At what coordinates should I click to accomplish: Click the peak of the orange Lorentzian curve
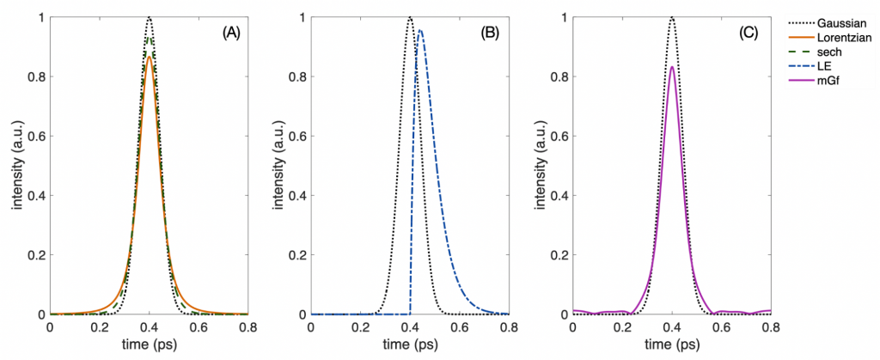(150, 58)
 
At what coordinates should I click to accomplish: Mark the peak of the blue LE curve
(419, 31)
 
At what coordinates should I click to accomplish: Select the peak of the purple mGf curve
(672, 67)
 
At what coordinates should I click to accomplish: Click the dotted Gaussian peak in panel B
(410, 17)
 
